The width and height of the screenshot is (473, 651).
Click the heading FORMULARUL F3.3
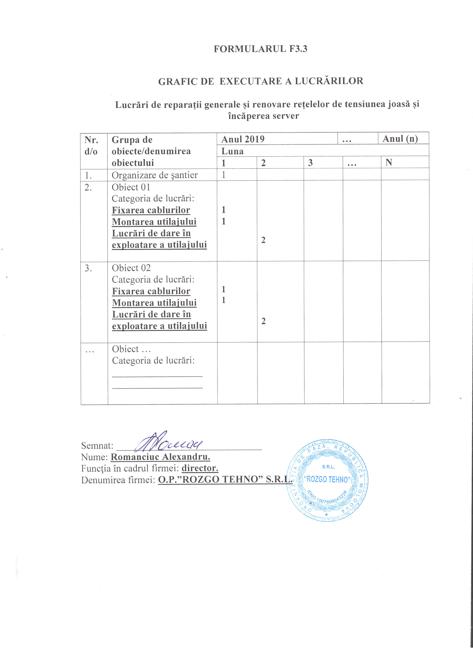[260, 49]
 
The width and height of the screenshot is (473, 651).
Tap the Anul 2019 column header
[243, 139]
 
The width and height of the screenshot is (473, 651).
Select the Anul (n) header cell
[400, 139]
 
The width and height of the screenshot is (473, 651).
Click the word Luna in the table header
[232, 151]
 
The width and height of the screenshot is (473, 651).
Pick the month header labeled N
[389, 163]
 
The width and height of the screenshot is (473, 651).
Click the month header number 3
[310, 163]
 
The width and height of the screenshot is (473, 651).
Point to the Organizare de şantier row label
[155, 175]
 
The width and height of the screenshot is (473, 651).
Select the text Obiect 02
[131, 268]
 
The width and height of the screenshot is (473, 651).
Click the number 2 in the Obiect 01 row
[263, 240]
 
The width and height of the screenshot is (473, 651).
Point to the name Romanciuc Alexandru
[160, 457]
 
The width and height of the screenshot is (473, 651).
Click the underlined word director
[200, 468]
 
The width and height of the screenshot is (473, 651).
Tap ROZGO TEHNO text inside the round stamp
[327, 480]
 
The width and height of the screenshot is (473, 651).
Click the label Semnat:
[97, 446]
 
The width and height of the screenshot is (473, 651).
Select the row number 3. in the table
[88, 268]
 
